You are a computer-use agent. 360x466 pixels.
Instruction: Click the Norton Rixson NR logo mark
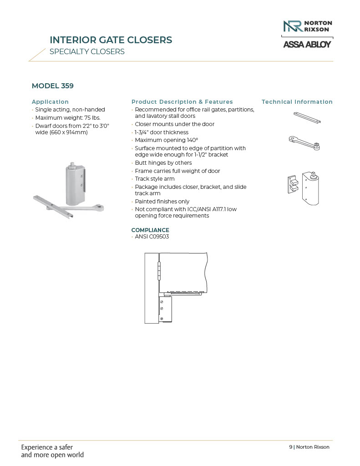(292, 26)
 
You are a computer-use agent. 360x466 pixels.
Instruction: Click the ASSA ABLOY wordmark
(307, 45)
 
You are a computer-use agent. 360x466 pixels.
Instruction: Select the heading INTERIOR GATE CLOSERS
(111, 40)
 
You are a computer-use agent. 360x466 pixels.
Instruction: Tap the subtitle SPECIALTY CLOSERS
(87, 51)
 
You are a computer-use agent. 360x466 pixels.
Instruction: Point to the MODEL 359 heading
(52, 86)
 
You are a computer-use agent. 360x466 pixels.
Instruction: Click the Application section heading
(50, 102)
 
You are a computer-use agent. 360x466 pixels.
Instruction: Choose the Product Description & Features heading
(182, 102)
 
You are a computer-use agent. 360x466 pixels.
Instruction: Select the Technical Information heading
(297, 102)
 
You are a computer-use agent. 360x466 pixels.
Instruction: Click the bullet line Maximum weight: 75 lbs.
(68, 117)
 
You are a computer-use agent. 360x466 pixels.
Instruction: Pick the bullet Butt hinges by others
(163, 163)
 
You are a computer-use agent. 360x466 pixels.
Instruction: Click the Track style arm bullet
(155, 179)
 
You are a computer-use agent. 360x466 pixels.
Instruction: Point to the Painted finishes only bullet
(162, 202)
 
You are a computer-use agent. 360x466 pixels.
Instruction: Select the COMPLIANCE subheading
(150, 230)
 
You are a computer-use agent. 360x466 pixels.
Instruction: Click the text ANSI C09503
(152, 237)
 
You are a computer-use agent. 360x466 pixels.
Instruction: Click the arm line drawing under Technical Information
(305, 142)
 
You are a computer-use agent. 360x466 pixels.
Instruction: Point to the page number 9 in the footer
(290, 447)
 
